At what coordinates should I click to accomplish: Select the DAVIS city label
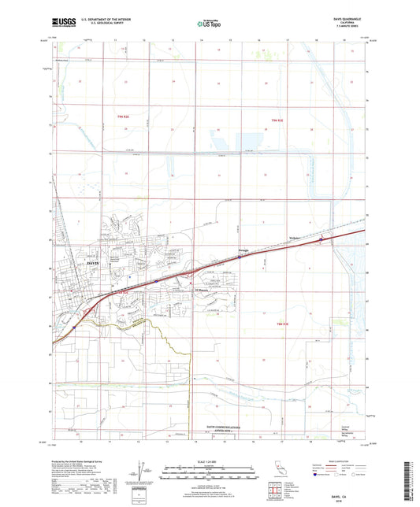pyautogui.click(x=93, y=261)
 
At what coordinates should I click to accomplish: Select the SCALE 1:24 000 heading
pyautogui.click(x=209, y=463)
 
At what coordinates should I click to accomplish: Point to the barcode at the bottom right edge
pyautogui.click(x=413, y=473)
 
